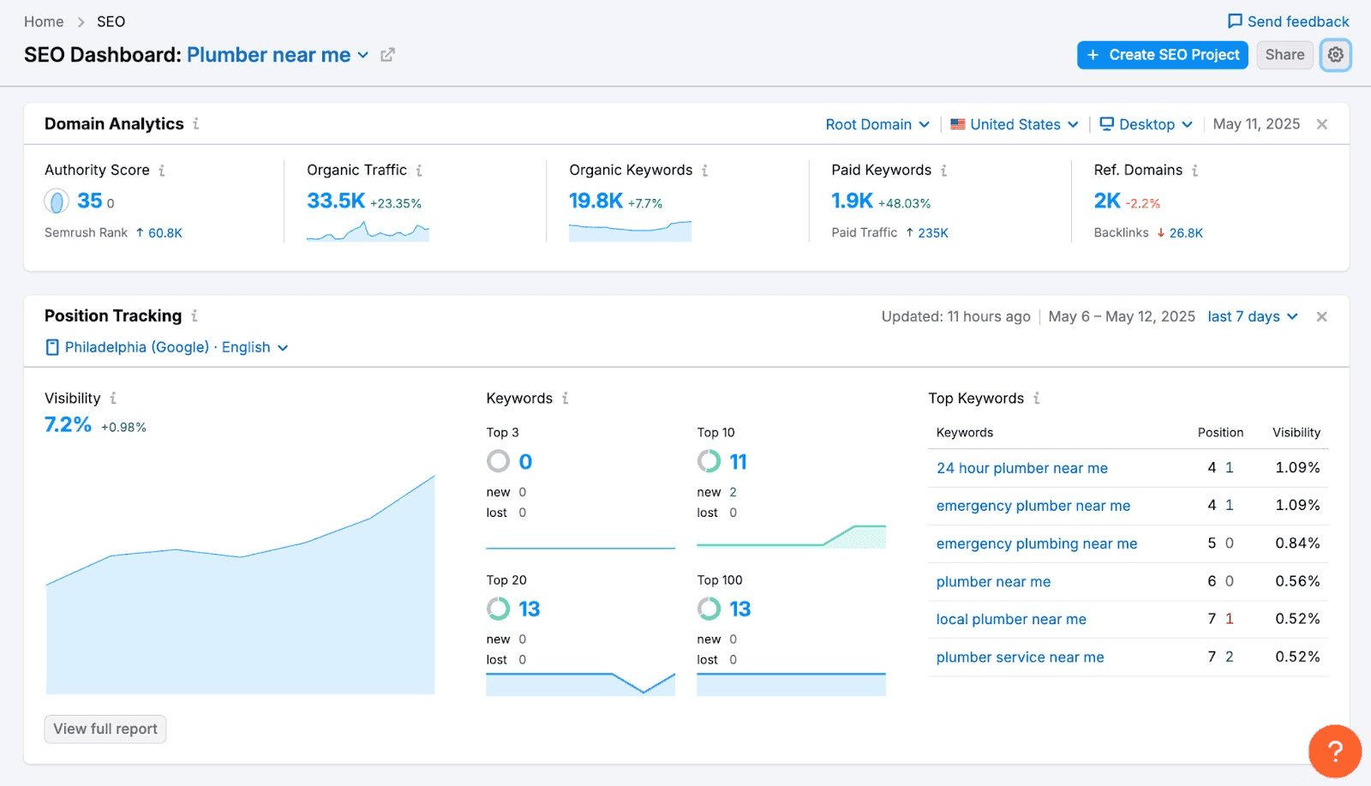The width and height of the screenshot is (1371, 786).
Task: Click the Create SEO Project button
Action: click(x=1162, y=55)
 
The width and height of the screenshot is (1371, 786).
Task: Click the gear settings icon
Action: click(x=1336, y=55)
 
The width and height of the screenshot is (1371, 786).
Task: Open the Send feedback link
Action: click(x=1289, y=21)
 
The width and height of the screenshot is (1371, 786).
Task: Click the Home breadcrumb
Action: click(x=44, y=21)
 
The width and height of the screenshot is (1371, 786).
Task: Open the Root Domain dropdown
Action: click(x=877, y=124)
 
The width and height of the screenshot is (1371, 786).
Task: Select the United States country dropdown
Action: click(x=1015, y=124)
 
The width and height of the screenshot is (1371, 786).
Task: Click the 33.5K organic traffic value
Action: click(x=335, y=201)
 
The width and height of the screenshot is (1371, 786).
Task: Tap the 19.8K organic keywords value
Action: click(x=596, y=201)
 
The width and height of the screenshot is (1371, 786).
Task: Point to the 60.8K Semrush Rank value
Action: click(x=165, y=232)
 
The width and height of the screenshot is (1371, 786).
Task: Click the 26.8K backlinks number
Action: click(x=1186, y=232)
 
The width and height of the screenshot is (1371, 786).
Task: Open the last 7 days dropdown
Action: click(x=1252, y=316)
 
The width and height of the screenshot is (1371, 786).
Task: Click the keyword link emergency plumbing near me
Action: click(x=1036, y=543)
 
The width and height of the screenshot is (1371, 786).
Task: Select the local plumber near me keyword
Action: click(x=1011, y=619)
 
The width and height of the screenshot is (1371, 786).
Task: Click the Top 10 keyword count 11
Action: click(x=738, y=461)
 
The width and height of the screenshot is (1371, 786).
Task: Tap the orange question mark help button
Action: click(x=1335, y=751)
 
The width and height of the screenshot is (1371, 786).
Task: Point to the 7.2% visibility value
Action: click(x=68, y=424)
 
